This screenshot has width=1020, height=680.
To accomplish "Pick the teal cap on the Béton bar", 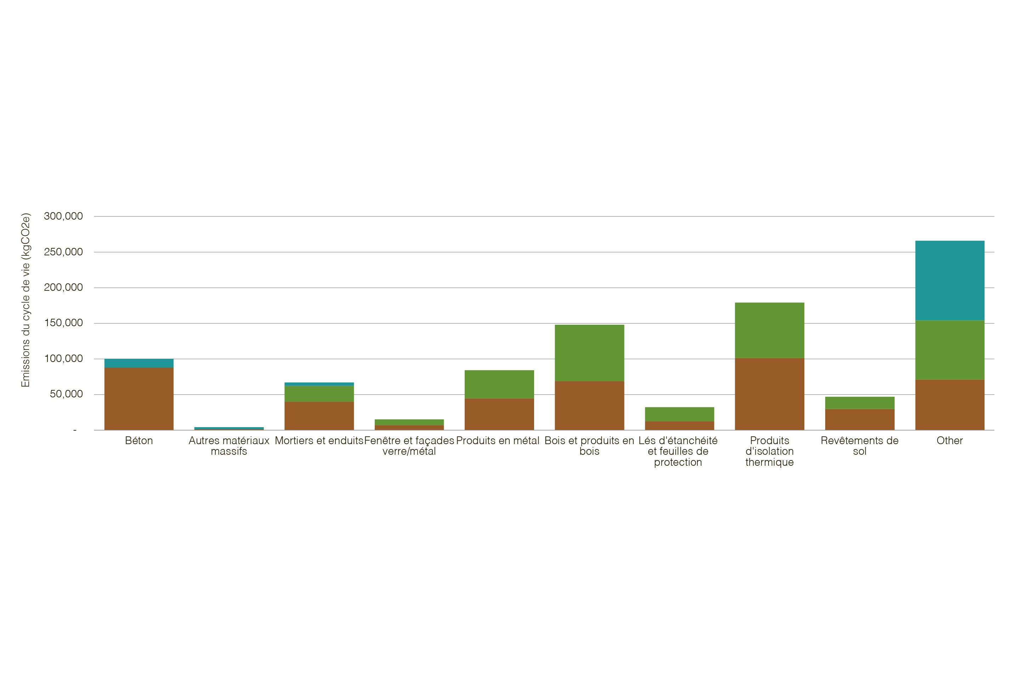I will coord(139,363).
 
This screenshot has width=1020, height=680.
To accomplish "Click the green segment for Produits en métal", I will coord(499,384).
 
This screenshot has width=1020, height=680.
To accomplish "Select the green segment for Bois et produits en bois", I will coord(589,353).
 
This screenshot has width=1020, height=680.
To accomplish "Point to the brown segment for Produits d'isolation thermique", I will coord(769,394).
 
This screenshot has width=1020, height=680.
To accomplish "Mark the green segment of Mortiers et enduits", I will coord(319,393).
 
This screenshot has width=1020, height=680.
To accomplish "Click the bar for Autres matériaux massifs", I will coord(229,429).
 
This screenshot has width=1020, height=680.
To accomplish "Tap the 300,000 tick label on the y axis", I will coord(63,216).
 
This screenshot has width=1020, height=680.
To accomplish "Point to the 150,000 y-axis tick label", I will coord(63,323).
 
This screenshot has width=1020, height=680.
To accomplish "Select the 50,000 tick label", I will coord(66,394).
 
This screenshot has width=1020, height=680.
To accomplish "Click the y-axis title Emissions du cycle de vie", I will coord(25,300).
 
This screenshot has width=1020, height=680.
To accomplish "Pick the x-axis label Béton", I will coord(139,441).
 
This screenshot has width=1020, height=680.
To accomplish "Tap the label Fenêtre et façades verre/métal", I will coord(409,446).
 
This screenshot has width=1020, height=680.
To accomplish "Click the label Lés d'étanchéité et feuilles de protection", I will coord(678,452).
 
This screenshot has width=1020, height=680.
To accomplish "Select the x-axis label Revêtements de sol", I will coord(860,446).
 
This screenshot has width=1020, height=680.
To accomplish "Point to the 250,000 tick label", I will coord(63,251).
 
